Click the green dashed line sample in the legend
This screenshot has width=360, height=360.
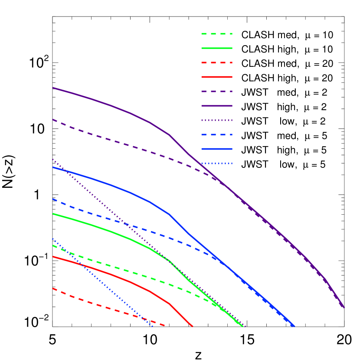click(x=217, y=34)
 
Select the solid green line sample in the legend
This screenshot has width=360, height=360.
click(x=217, y=48)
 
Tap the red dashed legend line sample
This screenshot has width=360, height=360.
click(x=217, y=62)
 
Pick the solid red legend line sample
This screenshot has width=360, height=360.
click(x=217, y=77)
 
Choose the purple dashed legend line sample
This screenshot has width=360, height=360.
click(x=217, y=92)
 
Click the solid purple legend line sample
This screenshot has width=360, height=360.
click(x=217, y=106)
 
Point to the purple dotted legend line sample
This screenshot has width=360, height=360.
click(x=217, y=120)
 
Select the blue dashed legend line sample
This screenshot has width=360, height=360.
click(x=217, y=135)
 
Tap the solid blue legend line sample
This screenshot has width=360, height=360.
click(x=217, y=149)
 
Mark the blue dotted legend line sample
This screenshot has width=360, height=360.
click(x=217, y=164)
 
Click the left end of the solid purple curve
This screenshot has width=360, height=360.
click(x=53, y=88)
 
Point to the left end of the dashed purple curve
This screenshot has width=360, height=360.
click(x=53, y=120)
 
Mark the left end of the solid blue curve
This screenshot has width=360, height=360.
click(x=53, y=167)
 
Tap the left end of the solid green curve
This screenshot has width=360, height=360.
click(x=53, y=214)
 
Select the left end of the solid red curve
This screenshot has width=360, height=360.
click(x=53, y=257)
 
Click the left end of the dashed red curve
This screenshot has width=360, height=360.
click(x=53, y=288)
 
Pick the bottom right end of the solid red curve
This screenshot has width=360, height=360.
click(x=192, y=326)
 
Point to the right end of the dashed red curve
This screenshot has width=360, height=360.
click(x=165, y=326)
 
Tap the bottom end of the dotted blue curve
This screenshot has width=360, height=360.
click(x=153, y=326)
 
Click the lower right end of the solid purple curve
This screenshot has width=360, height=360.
click(x=344, y=308)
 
